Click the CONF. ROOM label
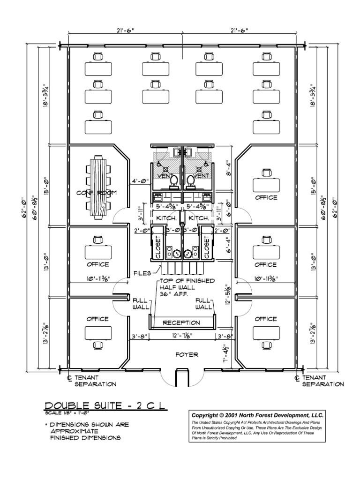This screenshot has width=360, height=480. pyautogui.click(x=97, y=193)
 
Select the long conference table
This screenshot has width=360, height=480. pyautogui.click(x=99, y=187)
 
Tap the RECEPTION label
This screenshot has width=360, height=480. pyautogui.click(x=181, y=323)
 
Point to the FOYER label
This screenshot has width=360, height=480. pyautogui.click(x=187, y=355)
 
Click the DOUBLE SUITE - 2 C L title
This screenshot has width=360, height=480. pyautogui.click(x=105, y=406)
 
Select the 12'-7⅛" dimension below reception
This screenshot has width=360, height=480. pyautogui.click(x=181, y=336)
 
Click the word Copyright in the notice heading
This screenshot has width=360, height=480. pyautogui.click(x=207, y=415)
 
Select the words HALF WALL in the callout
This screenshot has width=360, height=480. pyautogui.click(x=180, y=287)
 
